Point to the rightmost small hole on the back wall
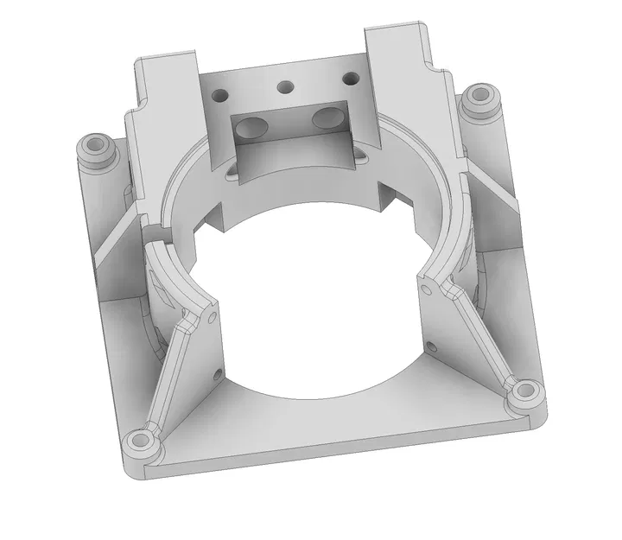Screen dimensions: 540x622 pyautogui.click(x=349, y=79)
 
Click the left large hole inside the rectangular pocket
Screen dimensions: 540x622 pyautogui.click(x=251, y=128)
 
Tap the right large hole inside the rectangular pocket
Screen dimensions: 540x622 pyautogui.click(x=327, y=118)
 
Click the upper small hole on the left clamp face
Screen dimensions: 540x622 pyautogui.click(x=213, y=319)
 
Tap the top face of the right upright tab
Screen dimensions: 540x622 pyautogui.click(x=397, y=32)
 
